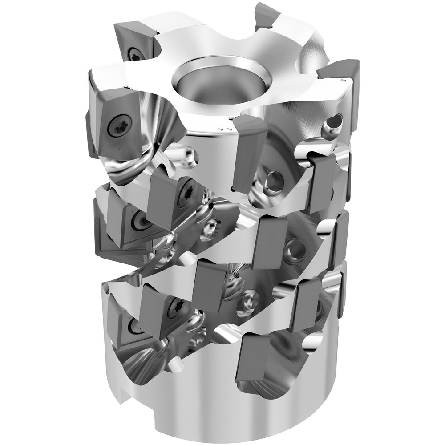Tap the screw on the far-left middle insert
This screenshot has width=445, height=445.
point(139,220)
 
